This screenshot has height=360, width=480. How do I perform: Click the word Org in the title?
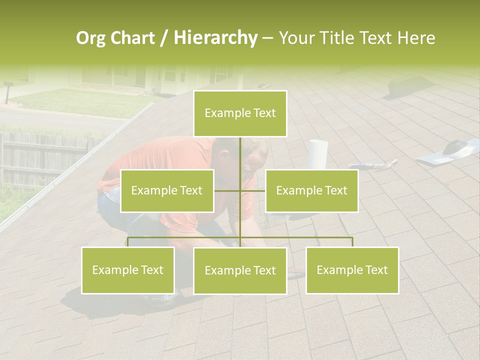[92, 38]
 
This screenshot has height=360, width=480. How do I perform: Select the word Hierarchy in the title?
[215, 38]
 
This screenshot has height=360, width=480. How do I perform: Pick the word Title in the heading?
[341, 38]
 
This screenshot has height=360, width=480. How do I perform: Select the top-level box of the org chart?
[240, 113]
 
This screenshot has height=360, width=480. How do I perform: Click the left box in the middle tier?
[167, 190]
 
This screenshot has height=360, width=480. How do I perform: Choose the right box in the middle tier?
[311, 190]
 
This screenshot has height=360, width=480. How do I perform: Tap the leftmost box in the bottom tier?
[128, 270]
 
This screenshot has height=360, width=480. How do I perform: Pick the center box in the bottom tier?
[240, 270]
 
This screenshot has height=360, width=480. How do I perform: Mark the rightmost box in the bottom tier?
[352, 270]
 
